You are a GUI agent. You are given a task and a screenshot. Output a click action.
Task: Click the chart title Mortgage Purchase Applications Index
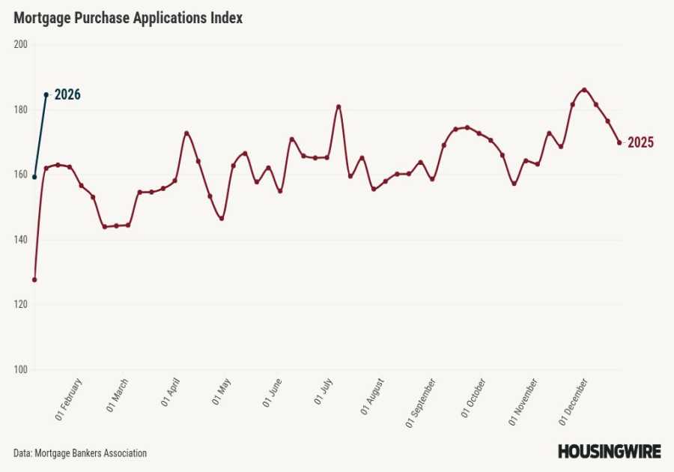[128, 19]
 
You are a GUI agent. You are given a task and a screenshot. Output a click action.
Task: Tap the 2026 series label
[67, 95]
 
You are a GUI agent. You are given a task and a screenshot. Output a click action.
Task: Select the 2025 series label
[640, 143]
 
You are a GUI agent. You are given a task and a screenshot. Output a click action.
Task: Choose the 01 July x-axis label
[324, 392]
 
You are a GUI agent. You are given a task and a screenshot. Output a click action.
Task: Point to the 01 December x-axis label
[575, 402]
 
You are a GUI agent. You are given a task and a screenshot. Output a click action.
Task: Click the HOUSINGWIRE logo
[609, 452]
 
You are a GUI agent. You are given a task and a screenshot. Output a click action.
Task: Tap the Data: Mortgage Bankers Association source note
[80, 453]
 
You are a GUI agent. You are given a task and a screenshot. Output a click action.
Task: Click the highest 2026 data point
[46, 94]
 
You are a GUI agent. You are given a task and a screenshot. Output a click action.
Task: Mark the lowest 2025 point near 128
[34, 279]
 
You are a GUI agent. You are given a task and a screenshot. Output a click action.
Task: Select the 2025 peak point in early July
[338, 106]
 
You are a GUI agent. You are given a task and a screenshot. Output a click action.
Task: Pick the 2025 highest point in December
[584, 90]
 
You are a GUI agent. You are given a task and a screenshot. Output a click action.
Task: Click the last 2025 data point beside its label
[619, 142]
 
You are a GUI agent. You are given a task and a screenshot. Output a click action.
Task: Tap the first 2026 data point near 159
[34, 177]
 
